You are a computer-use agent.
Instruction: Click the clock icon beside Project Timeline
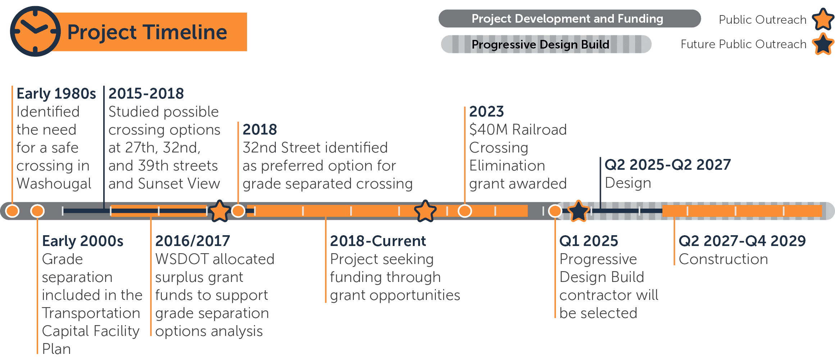[x=35, y=31]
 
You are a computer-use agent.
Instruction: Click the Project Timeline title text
[x=147, y=32]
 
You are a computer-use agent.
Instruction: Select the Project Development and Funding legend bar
[x=569, y=18]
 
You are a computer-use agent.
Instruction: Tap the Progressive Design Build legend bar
[x=546, y=44]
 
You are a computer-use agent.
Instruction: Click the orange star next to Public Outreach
[x=823, y=19]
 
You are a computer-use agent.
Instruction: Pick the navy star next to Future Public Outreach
[x=823, y=44]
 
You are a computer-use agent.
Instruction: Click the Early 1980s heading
[x=56, y=94]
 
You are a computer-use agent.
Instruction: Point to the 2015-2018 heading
[x=146, y=94]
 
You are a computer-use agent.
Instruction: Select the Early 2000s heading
[x=83, y=241]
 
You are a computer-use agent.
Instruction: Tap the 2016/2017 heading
[x=192, y=241]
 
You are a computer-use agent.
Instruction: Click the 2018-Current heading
[x=378, y=241]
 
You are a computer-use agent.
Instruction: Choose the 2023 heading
[x=487, y=111]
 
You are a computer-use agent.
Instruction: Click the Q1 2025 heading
[x=589, y=241]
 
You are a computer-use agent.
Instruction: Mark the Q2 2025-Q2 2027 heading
[x=667, y=165]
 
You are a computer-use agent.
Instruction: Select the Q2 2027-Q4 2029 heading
[x=742, y=241]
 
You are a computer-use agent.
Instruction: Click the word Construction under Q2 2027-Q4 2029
[x=723, y=259]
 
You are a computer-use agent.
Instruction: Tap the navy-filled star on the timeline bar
[x=578, y=211]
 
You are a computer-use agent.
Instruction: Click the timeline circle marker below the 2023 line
[x=465, y=211]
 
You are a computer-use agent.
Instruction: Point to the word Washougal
[x=54, y=184]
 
